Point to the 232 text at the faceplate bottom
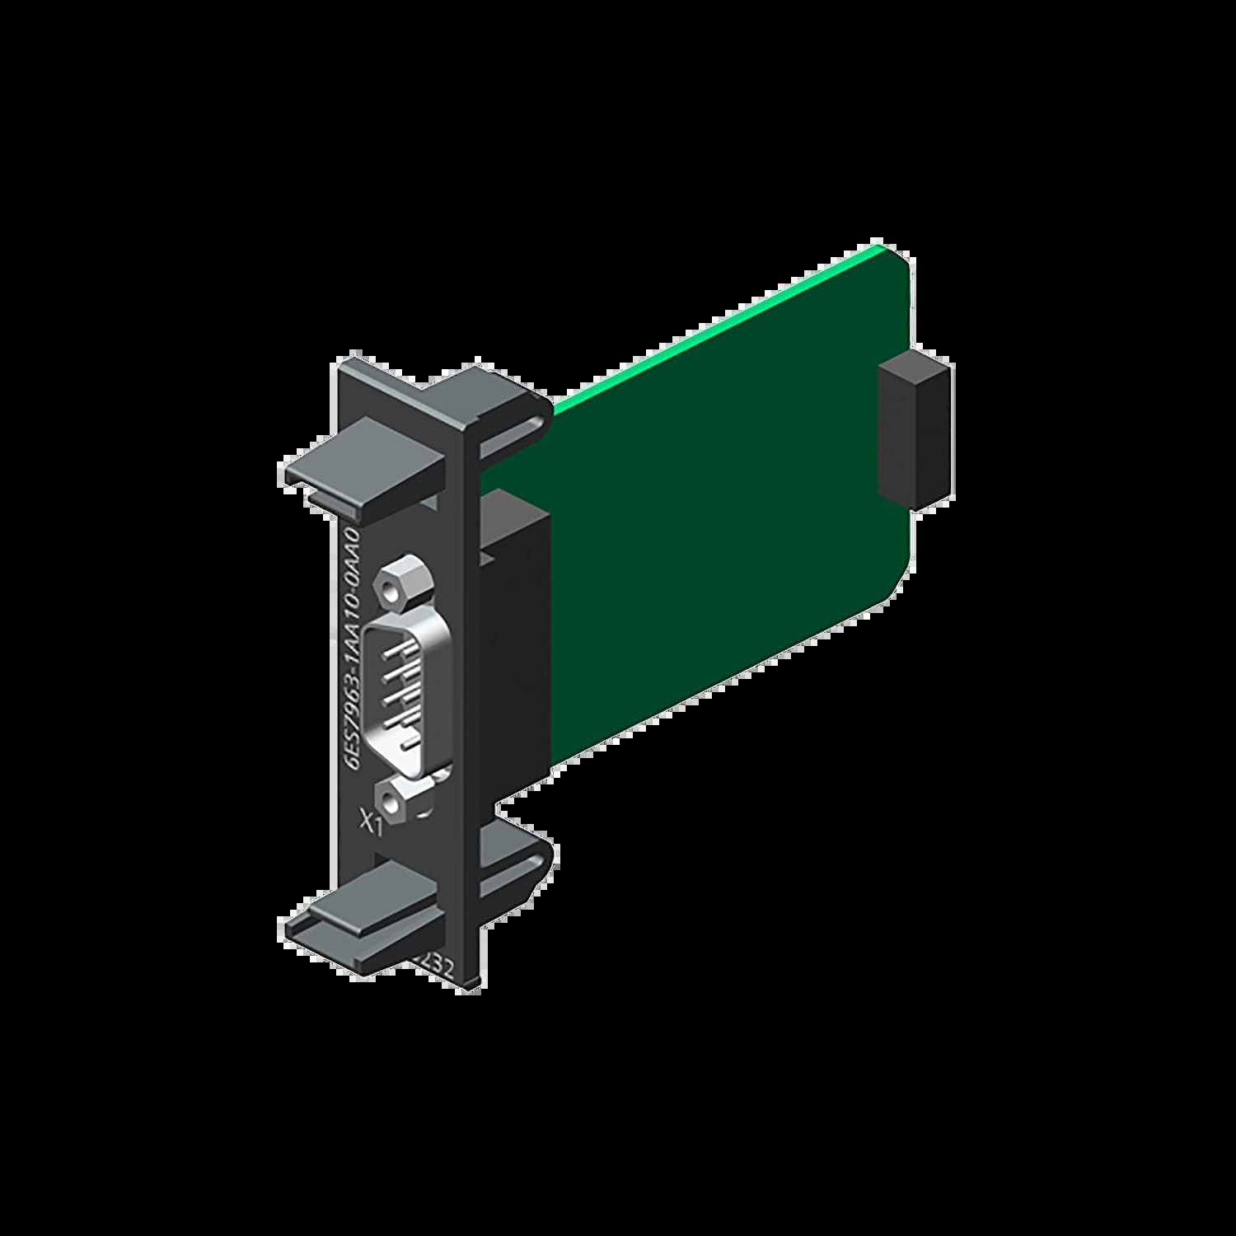pos(439,964)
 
